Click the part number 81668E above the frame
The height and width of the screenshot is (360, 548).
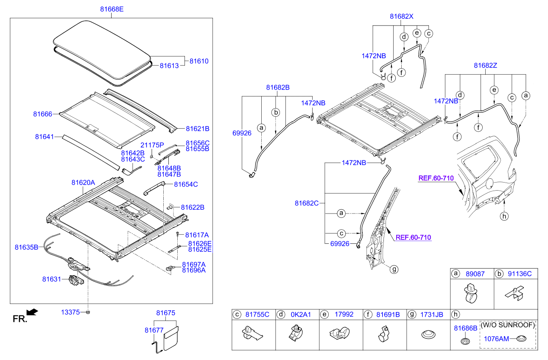pos(112,9)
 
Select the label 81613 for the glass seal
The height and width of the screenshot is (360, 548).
pos(169,66)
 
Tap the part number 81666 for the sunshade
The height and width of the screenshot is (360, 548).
pos(42,114)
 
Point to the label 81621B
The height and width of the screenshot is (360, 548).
pos(198,129)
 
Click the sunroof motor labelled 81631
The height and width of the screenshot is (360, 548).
pos(76,280)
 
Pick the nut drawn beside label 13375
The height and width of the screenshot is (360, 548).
pos(88,312)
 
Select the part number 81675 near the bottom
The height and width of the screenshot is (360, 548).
pos(166,313)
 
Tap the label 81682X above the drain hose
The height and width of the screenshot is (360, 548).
pos(402,17)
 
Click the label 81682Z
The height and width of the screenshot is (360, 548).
pos(485,66)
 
